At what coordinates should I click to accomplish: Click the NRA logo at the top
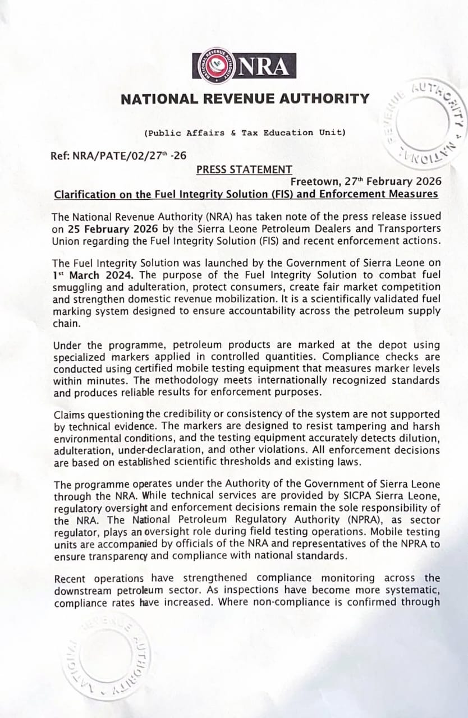[244, 66]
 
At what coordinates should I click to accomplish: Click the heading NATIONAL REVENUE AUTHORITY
[245, 99]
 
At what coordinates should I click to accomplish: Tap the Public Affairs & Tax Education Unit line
[245, 133]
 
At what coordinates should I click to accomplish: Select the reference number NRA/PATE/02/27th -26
[118, 156]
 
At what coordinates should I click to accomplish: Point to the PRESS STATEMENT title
[244, 169]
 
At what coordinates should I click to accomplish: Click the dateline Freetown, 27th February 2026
[365, 182]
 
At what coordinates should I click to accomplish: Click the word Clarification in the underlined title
[83, 195]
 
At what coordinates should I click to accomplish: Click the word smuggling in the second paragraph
[76, 287]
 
